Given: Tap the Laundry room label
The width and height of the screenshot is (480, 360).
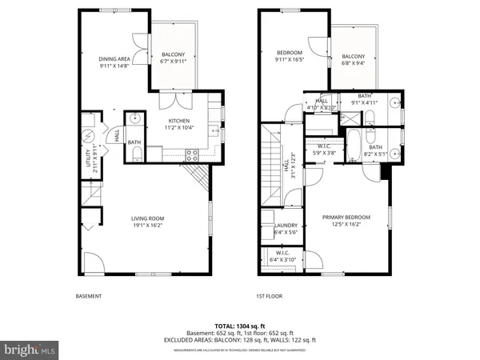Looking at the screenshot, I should point(286,229).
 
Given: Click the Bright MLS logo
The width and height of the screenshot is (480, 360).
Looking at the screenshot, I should point(30,350).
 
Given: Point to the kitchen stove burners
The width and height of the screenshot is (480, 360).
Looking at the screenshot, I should point(192,154).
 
